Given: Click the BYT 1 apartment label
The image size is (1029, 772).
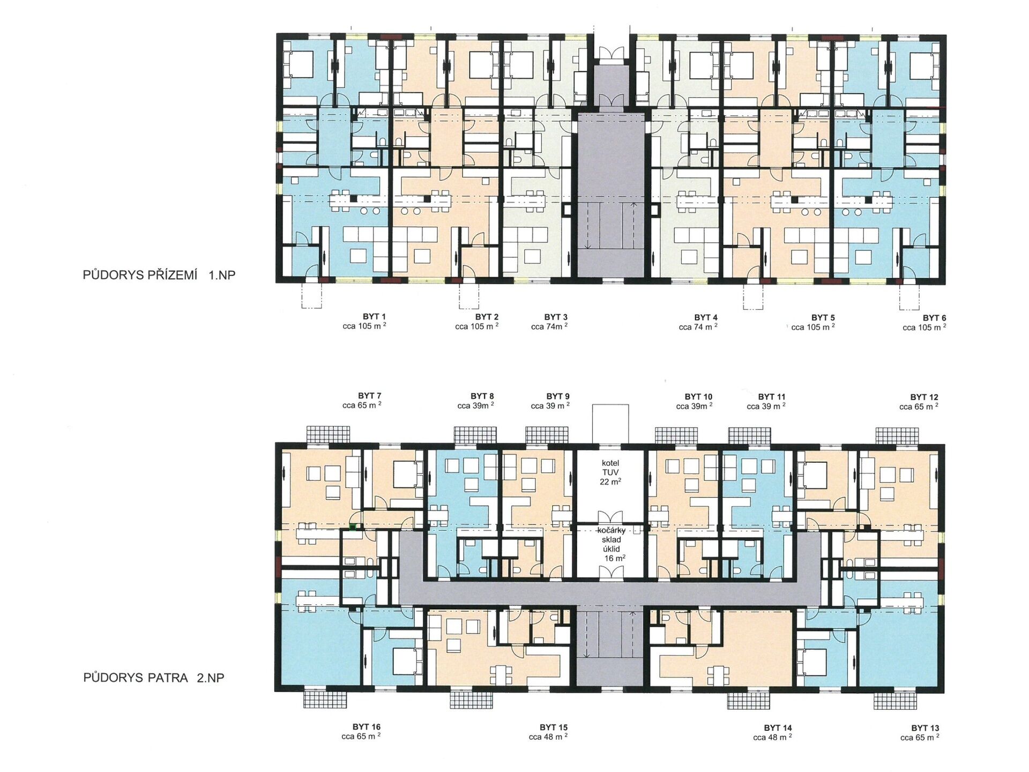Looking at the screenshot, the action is tap(374, 316).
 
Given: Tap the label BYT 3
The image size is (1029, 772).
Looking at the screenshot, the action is tap(556, 317).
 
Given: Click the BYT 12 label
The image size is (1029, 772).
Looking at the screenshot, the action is tap(924, 397).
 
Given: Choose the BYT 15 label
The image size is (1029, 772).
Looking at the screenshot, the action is tap(554, 728).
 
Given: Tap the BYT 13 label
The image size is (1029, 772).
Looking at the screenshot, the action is tap(925, 728).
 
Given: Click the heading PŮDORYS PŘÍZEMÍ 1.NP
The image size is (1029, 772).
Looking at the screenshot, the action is tap(159, 275).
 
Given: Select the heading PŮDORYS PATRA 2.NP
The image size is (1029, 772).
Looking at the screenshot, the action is tap(153, 678).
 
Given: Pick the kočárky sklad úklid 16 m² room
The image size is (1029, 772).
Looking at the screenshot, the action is tap(610, 551).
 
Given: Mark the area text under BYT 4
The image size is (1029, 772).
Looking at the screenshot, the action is tap(698, 327).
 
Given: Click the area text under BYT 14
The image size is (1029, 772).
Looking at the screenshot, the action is tap(772, 737).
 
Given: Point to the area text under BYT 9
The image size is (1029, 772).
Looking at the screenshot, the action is tap(550, 406).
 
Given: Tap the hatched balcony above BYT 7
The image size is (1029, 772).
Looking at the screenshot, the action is tap(328, 435).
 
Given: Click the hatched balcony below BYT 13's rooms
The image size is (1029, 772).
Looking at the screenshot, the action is tap(895, 700).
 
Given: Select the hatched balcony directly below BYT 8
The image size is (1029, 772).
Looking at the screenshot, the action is tap(471, 700).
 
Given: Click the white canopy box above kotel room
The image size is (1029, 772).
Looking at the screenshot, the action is tap(610, 424).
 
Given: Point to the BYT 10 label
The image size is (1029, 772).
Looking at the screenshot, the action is tap(698, 397).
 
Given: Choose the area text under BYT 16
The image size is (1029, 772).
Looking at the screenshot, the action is tap(361, 737).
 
